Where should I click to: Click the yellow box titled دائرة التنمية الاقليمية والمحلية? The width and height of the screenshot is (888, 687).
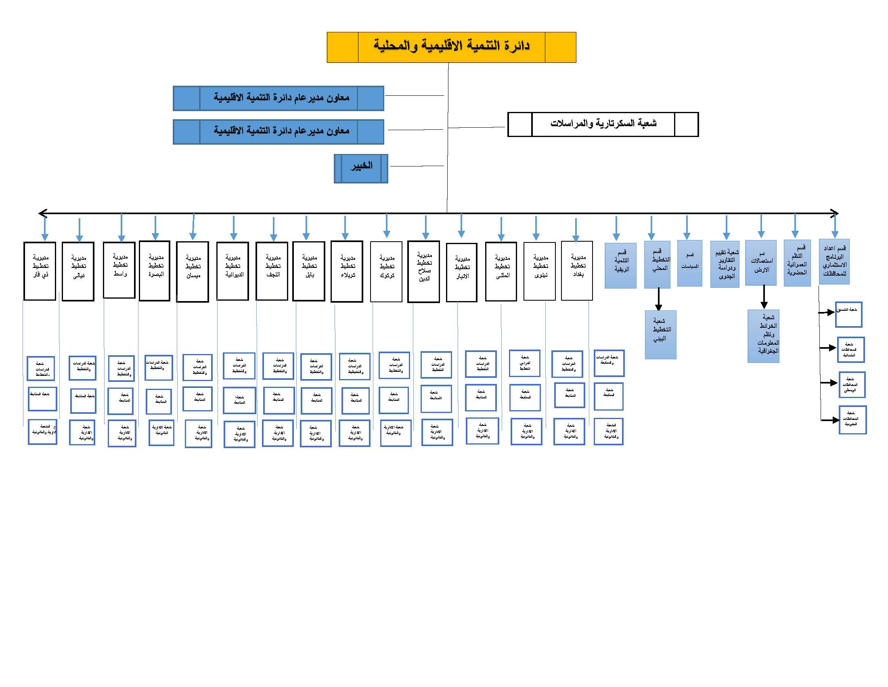tap(451, 47)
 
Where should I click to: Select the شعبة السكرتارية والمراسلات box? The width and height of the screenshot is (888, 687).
tap(603, 124)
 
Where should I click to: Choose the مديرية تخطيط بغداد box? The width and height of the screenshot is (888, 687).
tap(577, 271)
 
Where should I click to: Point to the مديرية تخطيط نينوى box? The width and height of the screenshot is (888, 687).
tap(540, 272)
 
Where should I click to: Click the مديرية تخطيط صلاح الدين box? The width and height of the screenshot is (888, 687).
tap(424, 272)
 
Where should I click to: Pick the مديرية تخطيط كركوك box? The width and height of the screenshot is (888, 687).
tap(386, 272)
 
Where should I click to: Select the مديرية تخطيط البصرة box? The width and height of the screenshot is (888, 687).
tap(155, 271)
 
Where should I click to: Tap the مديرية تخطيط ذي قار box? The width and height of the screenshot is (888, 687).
tap(40, 272)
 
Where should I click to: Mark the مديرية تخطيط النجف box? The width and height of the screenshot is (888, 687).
tap(272, 272)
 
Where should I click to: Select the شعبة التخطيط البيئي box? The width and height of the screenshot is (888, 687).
tap(661, 335)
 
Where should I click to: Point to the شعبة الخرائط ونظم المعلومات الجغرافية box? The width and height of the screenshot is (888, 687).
tap(764, 336)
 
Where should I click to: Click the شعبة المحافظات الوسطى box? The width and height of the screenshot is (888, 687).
tap(851, 385)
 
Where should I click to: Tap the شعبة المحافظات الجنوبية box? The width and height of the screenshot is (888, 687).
tap(852, 419)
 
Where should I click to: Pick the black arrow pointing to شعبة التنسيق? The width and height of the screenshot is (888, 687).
tap(827, 312)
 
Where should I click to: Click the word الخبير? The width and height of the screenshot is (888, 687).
tap(362, 166)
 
